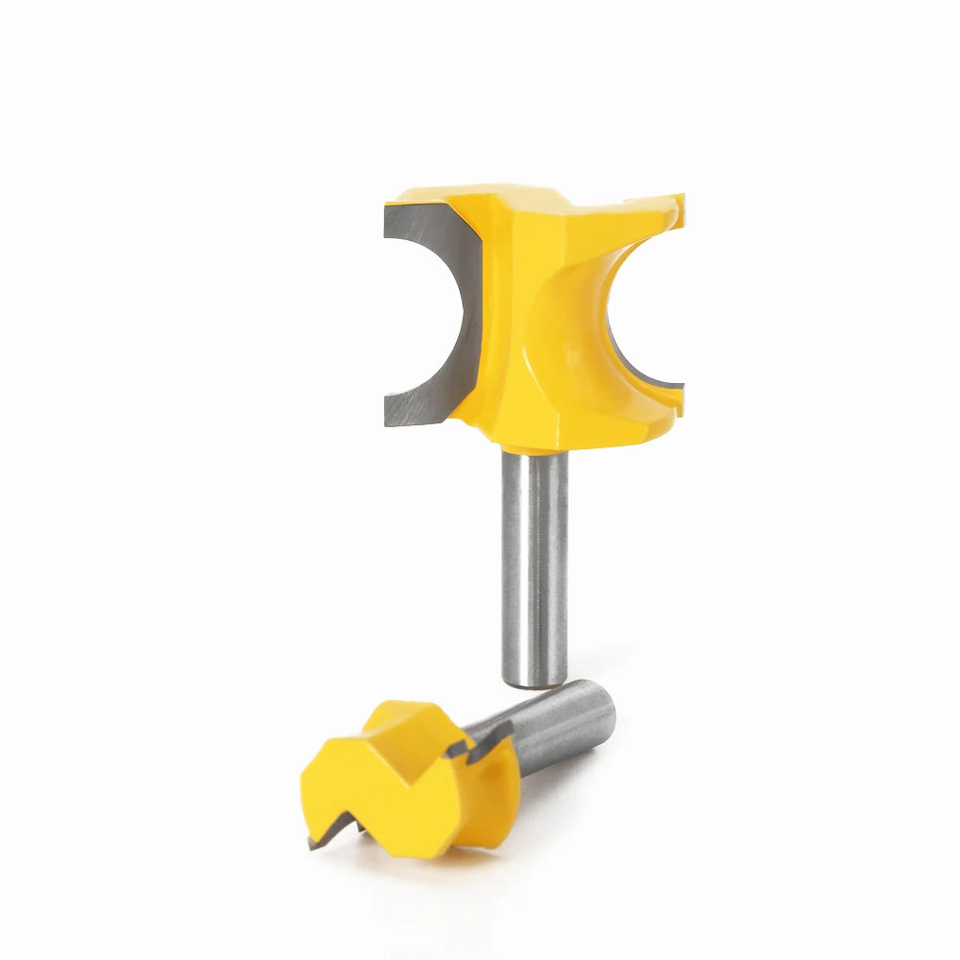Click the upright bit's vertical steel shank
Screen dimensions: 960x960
pos(534,566)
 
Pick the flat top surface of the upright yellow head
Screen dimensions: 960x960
pos(538,197)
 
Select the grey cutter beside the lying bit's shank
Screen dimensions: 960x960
pos(485,743)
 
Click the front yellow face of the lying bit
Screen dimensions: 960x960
pos(384,797)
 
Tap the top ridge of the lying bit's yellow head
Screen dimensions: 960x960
pos(403,715)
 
